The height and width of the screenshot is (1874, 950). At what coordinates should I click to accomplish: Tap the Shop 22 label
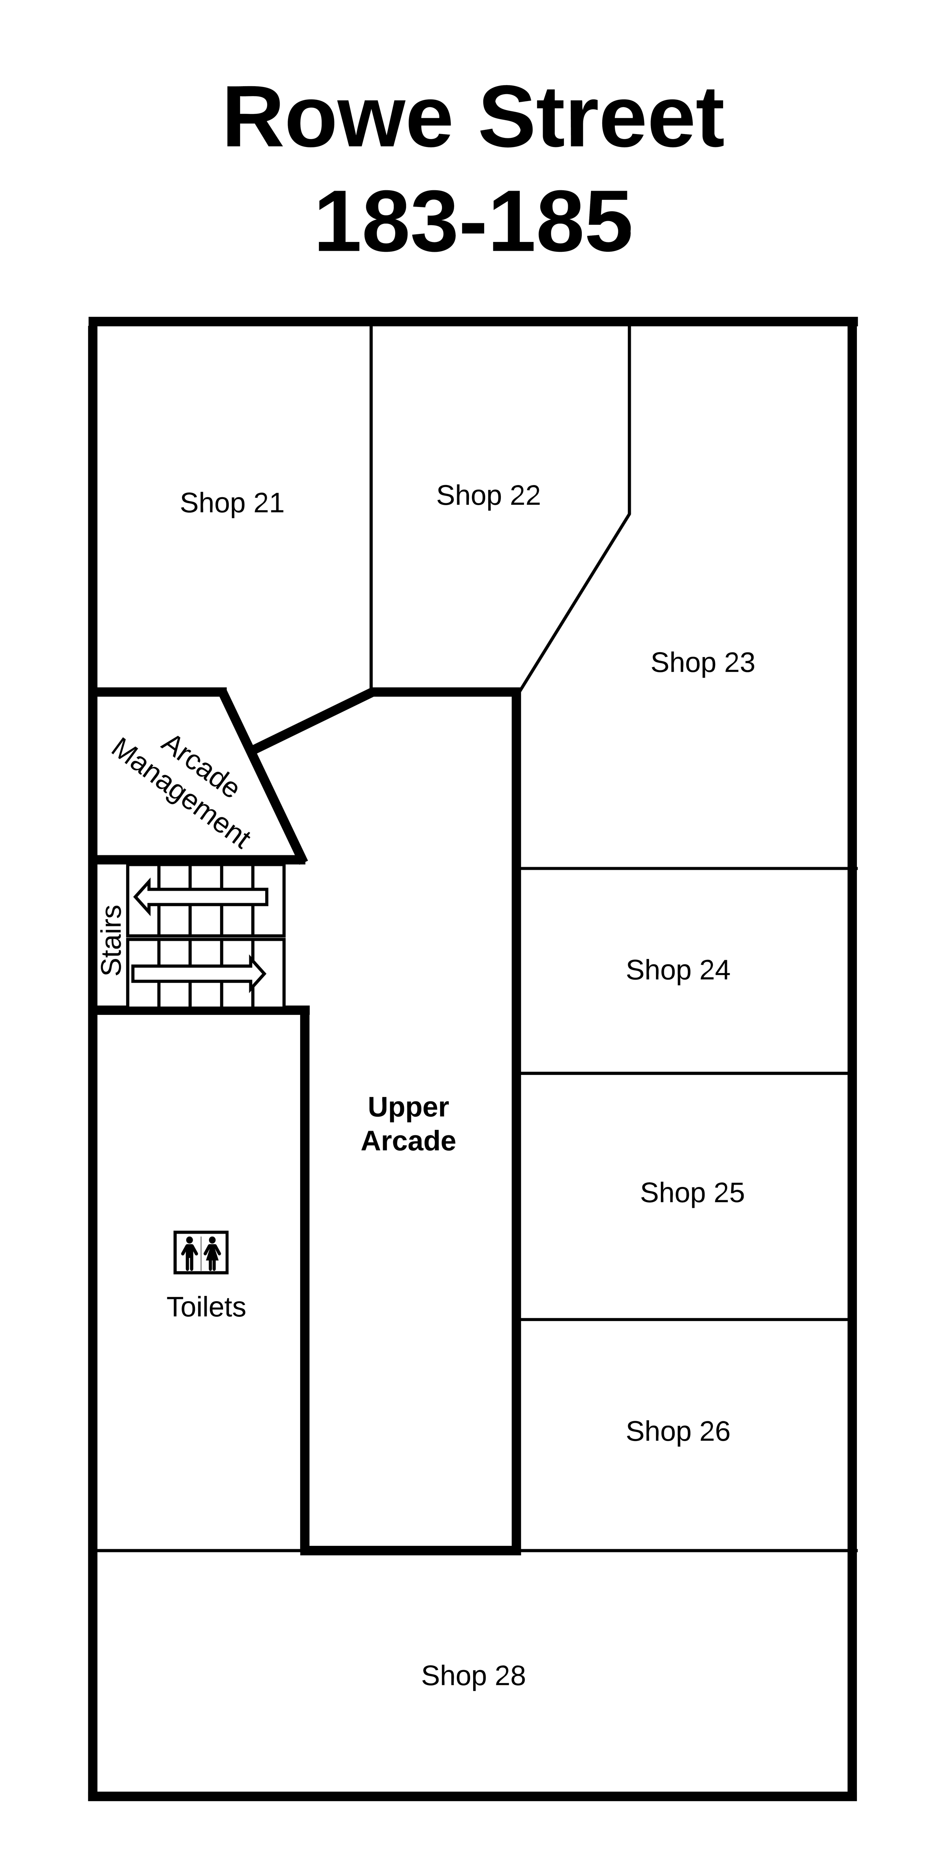488,495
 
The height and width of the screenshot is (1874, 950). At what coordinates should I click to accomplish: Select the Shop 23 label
703,663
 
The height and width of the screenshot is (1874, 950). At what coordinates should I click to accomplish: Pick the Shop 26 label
678,1431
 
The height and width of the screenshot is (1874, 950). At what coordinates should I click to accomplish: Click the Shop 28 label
473,1675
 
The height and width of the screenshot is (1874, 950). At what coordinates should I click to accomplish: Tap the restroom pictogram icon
201,1253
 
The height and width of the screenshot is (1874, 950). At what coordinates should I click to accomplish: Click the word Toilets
206,1307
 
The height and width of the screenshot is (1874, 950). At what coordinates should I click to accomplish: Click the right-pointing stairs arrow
199,973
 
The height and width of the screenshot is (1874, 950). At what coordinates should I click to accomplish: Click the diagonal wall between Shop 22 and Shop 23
574,602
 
